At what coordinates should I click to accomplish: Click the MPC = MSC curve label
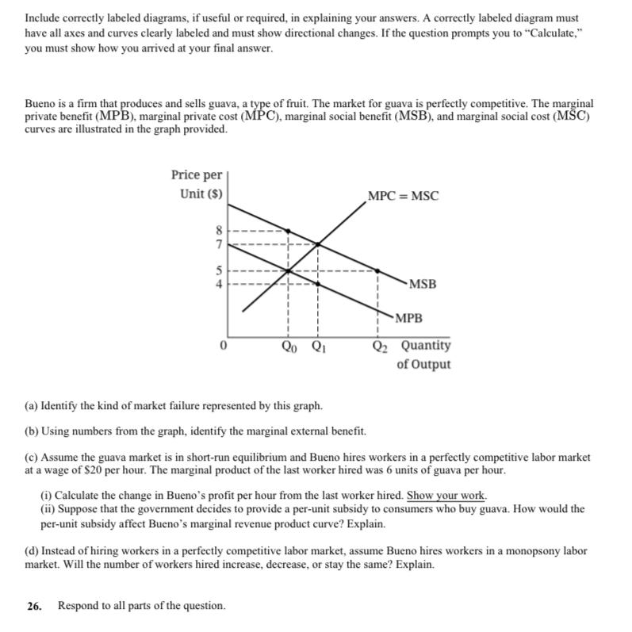pos(403,196)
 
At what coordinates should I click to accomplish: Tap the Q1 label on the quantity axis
pos(318,347)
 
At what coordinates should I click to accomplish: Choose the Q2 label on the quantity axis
pos(381,347)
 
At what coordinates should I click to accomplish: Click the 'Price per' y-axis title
pos(197,174)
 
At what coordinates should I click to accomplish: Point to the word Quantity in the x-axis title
pos(425,346)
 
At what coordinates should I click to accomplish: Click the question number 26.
pos(33,606)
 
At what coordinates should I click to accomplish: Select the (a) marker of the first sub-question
pos(33,406)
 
